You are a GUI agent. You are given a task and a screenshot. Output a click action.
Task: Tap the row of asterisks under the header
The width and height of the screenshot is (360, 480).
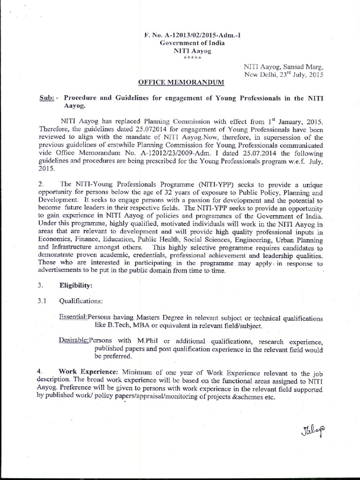coord(192,58)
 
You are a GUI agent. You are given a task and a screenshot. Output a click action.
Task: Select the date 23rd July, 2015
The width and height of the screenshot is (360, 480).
coord(294,74)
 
